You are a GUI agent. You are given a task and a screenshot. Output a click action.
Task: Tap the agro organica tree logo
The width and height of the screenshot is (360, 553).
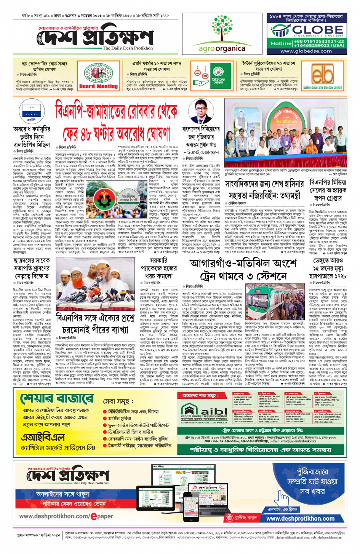(x=222, y=29)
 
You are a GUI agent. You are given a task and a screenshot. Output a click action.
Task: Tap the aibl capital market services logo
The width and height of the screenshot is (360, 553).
(x=204, y=412)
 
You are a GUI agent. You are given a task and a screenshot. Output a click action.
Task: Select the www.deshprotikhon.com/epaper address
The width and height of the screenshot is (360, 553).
(x=66, y=516)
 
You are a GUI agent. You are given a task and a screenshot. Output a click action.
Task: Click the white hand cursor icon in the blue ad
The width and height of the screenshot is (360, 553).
(x=283, y=498)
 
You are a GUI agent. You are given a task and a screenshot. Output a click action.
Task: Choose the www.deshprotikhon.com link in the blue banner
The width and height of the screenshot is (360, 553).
(x=300, y=518)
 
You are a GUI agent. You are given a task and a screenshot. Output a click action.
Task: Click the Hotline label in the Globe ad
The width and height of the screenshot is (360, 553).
(x=281, y=43)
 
